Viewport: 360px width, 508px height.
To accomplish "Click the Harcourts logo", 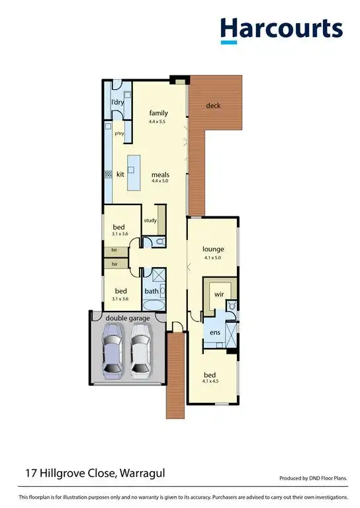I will coord(281,30).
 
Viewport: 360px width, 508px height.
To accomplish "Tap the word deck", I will coord(213,106).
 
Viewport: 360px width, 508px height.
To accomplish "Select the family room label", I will coord(159,113).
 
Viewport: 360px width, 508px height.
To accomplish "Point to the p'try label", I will coord(120,133).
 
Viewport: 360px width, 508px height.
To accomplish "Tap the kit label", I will coord(120,175).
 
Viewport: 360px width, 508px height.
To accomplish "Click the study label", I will coord(150,220).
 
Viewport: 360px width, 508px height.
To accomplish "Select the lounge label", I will coord(213,249).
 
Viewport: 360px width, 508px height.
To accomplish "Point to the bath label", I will coord(152,291).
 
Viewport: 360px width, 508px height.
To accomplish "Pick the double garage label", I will coord(128,318).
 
